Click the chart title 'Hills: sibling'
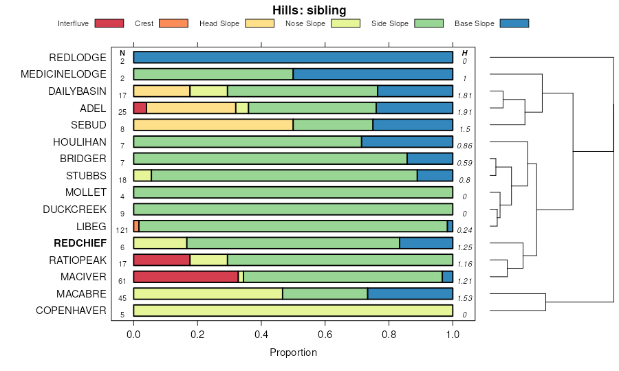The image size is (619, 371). point(309,10)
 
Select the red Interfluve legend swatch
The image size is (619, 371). point(109,23)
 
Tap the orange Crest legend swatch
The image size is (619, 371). point(173,23)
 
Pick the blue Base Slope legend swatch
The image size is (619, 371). point(514,23)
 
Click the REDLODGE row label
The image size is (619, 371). point(78,58)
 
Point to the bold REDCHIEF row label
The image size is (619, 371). point(80,243)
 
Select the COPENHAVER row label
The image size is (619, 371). point(71,311)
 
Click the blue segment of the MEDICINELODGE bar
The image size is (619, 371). point(373,74)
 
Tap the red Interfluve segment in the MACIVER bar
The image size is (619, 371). point(186,277)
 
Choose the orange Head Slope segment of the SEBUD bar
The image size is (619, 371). point(213,125)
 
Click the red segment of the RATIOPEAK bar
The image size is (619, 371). point(162,260)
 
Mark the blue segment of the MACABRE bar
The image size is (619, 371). point(410,294)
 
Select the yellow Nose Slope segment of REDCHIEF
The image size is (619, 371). point(160,243)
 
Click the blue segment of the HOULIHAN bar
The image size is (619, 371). point(407,142)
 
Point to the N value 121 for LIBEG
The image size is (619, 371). point(122,230)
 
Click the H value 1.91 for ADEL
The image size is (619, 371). point(464,112)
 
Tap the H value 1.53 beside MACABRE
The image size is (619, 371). point(464,297)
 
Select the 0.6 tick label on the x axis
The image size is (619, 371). point(325,335)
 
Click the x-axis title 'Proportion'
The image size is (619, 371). point(293,352)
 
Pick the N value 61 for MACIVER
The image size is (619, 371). point(122,281)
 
